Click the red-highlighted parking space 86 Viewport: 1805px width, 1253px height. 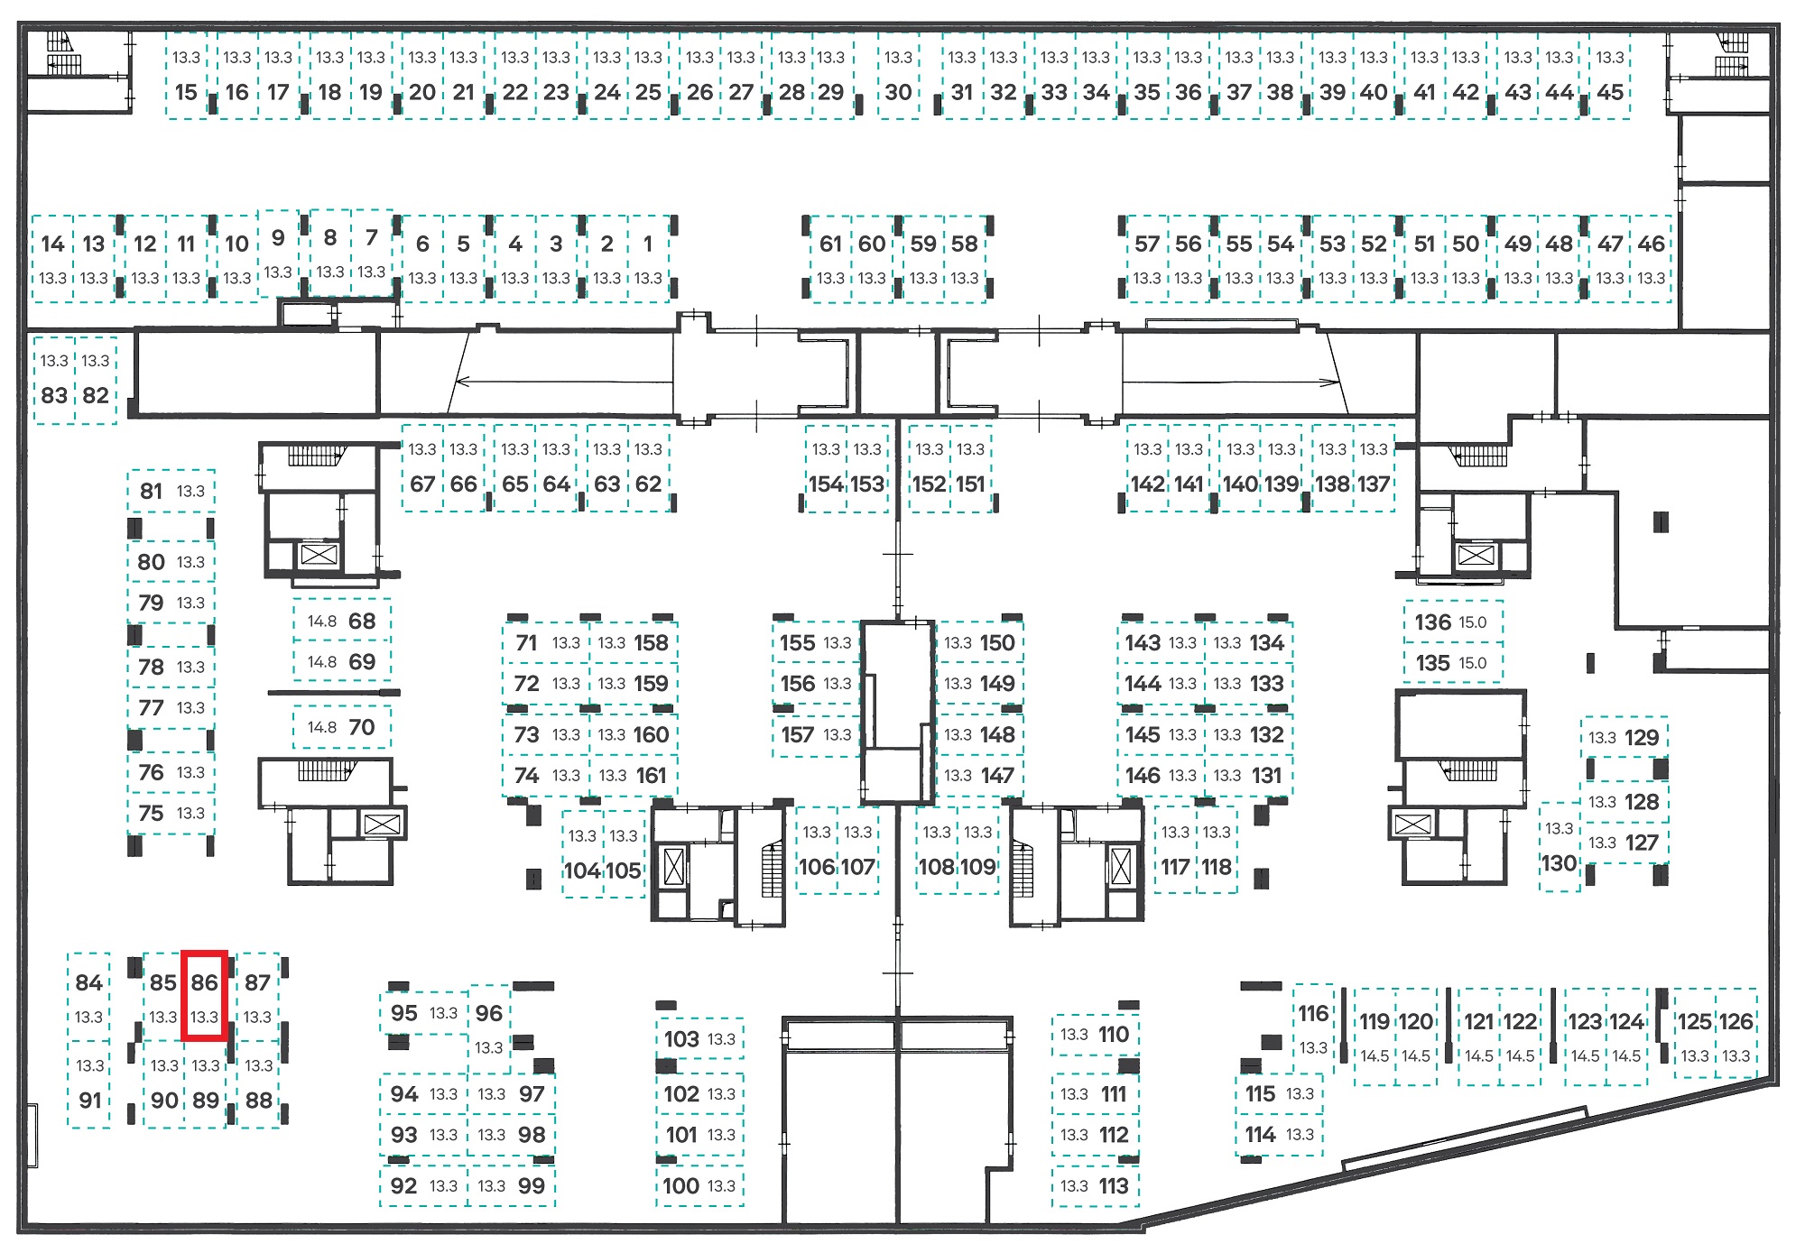click(x=204, y=996)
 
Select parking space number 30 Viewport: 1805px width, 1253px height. click(x=898, y=75)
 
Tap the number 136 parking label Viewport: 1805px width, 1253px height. click(x=1432, y=622)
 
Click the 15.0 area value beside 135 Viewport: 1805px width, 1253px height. click(x=1472, y=663)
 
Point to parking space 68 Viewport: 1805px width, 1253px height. click(x=342, y=620)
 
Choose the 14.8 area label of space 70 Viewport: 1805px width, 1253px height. click(x=322, y=727)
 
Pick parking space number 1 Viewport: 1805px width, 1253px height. click(x=648, y=258)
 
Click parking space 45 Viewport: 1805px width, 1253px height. click(x=1609, y=75)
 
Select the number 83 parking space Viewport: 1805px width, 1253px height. click(x=54, y=379)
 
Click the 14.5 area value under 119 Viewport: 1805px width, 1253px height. click(x=1375, y=1056)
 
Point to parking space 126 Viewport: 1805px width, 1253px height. click(x=1736, y=1036)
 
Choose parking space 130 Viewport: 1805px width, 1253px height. click(x=1560, y=847)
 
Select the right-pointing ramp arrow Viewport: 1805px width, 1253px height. click(x=1231, y=382)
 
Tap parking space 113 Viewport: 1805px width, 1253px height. click(x=1096, y=1185)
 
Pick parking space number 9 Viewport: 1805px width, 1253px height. click(x=278, y=253)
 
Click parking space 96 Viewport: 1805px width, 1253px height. click(x=489, y=1027)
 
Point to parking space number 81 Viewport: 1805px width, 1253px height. click(x=171, y=492)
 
